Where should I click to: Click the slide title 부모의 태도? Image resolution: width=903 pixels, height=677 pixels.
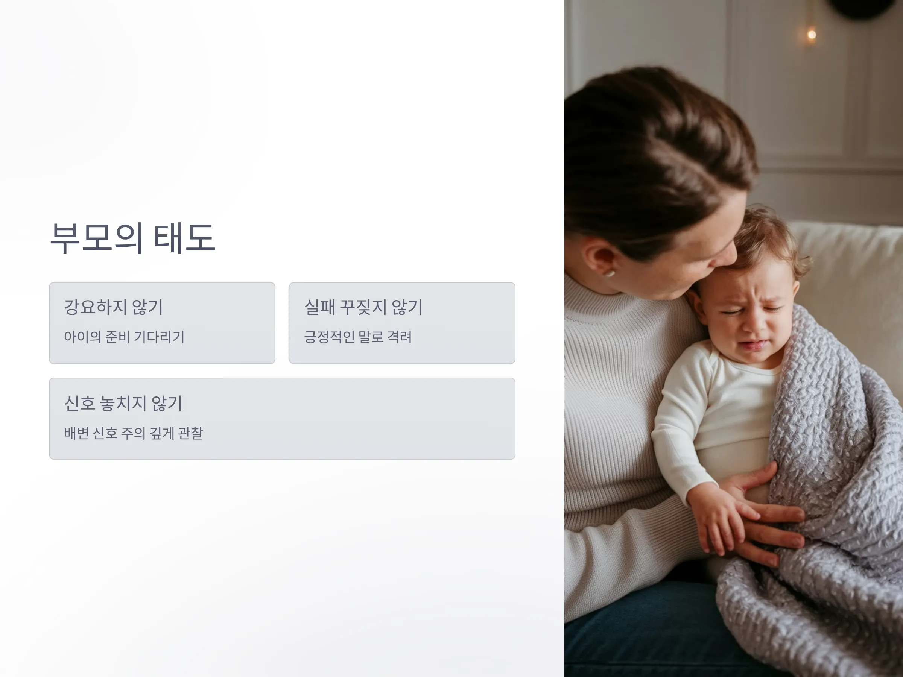click(x=133, y=238)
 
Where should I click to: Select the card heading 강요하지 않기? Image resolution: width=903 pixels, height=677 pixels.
click(x=114, y=307)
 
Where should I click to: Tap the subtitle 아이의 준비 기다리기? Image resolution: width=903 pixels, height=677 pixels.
click(x=124, y=337)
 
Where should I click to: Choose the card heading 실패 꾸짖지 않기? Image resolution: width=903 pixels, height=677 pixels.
click(x=363, y=307)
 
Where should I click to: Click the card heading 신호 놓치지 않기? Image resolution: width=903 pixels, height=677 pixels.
click(x=123, y=403)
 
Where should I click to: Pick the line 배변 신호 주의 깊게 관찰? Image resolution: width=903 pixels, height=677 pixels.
click(x=134, y=433)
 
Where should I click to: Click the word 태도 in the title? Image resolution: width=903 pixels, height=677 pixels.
click(x=184, y=238)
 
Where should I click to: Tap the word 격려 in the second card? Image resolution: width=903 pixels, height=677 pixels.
click(x=399, y=337)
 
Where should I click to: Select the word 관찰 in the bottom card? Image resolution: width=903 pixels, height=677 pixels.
click(x=191, y=433)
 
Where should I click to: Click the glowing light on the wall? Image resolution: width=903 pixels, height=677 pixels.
click(x=812, y=35)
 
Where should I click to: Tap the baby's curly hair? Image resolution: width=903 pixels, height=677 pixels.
click(x=768, y=241)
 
